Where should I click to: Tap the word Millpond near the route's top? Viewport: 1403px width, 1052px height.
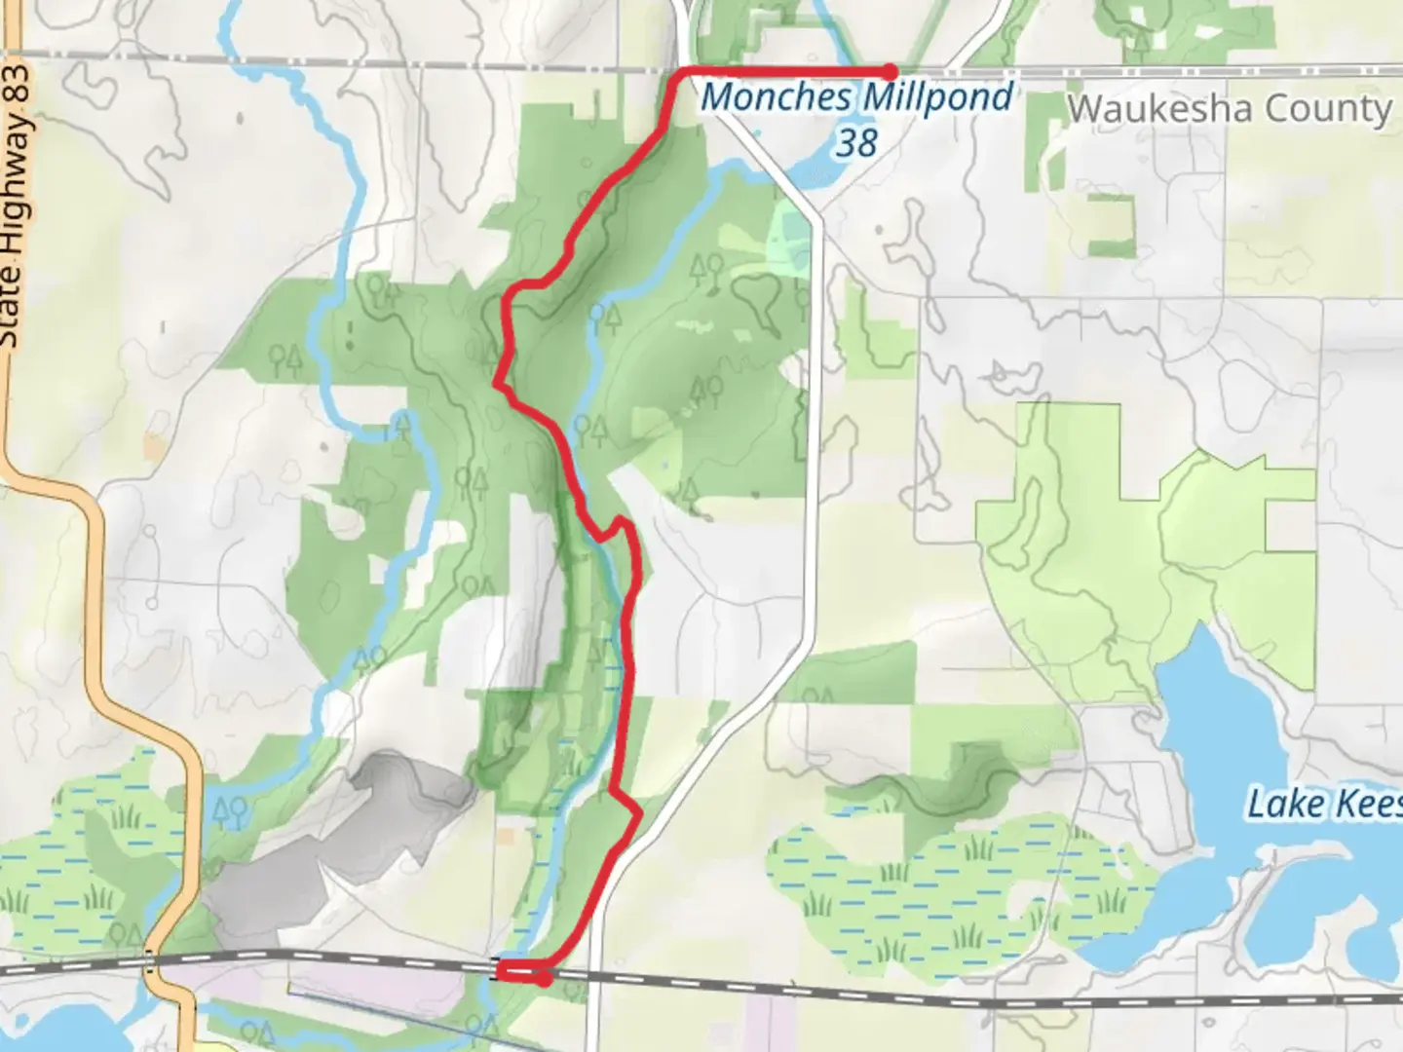[937, 96]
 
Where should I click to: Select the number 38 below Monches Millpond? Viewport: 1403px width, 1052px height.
[856, 142]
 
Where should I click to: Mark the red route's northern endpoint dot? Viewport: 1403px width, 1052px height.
[890, 71]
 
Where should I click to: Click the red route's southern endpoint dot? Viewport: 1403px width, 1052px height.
[543, 979]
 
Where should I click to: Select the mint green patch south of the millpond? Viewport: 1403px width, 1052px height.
[789, 234]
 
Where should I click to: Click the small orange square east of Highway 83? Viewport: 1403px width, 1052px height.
[154, 446]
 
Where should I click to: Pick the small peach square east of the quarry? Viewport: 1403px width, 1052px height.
[506, 837]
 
